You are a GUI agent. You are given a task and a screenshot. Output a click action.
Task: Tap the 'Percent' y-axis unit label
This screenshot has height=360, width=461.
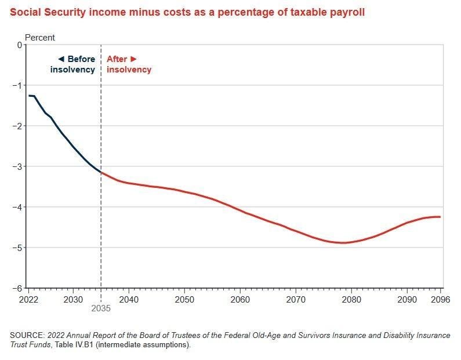40,38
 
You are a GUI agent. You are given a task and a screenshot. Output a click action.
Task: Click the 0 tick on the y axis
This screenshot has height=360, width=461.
20,45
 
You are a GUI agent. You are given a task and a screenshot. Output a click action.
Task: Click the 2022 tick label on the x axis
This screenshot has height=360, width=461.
29,299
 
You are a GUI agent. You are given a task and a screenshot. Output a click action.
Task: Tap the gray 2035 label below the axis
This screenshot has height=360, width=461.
101,308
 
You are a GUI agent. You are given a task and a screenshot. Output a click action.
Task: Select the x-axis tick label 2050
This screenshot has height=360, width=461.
184,299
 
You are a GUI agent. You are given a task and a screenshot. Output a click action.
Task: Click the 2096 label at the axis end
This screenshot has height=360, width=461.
440,299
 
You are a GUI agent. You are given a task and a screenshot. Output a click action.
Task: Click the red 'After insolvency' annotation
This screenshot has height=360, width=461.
128,64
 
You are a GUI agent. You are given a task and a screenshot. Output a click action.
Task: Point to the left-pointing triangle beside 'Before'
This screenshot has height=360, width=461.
61,59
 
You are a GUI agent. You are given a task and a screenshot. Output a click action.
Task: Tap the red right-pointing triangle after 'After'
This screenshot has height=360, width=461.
133,59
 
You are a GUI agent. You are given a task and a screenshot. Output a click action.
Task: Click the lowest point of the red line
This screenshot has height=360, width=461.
343,243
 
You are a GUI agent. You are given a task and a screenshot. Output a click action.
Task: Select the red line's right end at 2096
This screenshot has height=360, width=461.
441,217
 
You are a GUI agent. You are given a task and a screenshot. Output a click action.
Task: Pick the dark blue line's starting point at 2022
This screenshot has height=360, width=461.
30,96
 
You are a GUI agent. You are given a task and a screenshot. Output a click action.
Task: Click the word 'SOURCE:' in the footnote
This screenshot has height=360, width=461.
27,336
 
